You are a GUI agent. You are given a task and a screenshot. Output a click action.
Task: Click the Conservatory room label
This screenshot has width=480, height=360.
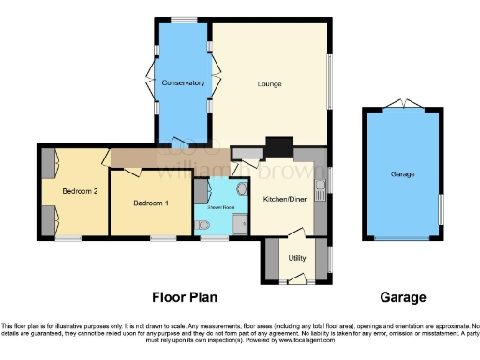click(x=183, y=83)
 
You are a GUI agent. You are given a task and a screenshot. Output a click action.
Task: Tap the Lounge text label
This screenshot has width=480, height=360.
click(x=270, y=85)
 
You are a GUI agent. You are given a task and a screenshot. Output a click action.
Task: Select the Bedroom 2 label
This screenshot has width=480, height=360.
click(x=80, y=191)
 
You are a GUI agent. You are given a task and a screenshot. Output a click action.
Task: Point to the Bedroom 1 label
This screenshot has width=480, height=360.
click(x=150, y=203)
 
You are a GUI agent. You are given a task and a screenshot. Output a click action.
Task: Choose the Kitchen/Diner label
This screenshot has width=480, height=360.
click(x=284, y=199)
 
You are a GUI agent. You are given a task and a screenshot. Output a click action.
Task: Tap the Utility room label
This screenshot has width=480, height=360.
click(x=297, y=257)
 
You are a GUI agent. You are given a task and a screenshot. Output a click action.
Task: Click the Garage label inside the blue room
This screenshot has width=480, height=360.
click(x=403, y=174)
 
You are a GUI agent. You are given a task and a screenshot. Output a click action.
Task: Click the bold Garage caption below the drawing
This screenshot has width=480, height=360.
click(x=403, y=297)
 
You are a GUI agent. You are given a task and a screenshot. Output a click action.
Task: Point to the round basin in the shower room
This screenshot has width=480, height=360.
click(x=242, y=188)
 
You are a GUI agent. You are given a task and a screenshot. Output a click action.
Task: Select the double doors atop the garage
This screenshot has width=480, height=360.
click(x=403, y=104)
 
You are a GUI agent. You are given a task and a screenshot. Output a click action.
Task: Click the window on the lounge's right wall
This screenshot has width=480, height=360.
click(x=331, y=84)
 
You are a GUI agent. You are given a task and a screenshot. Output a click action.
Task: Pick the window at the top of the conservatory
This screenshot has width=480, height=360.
click(x=183, y=20)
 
